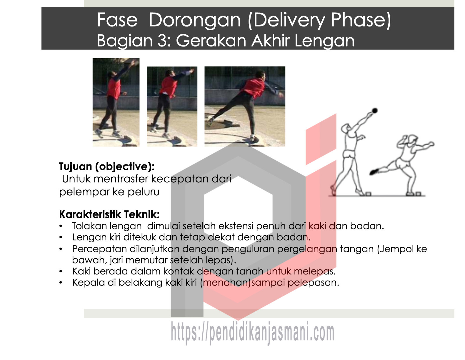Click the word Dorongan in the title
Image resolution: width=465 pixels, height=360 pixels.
pyautogui.click(x=194, y=20)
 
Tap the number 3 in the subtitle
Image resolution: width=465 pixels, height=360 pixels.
pyautogui.click(x=163, y=41)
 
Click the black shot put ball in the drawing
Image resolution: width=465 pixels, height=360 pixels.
pyautogui.click(x=375, y=110)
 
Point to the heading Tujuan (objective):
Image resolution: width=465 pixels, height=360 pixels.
pyautogui.click(x=106, y=167)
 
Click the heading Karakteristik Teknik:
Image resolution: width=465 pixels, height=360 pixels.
pyautogui.click(x=109, y=214)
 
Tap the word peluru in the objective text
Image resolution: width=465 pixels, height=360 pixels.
pyautogui.click(x=144, y=192)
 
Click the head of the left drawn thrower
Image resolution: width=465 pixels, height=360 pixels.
pyautogui.click(x=345, y=129)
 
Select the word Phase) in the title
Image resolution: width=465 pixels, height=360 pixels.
pyautogui.click(x=361, y=20)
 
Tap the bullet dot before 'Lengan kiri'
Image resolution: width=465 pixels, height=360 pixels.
pyautogui.click(x=61, y=237)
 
